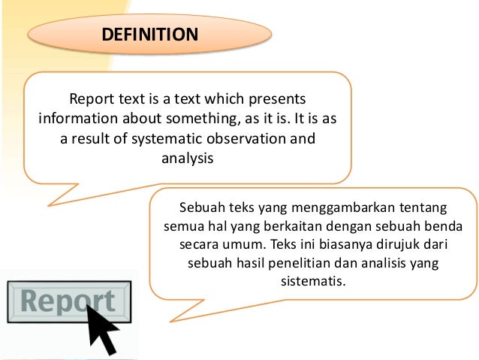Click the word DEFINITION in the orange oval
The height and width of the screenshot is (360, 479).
(x=151, y=35)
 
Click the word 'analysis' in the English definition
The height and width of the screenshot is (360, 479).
(x=188, y=159)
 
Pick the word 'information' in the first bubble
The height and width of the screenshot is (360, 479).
(x=74, y=119)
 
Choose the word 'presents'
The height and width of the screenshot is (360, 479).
(x=280, y=99)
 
